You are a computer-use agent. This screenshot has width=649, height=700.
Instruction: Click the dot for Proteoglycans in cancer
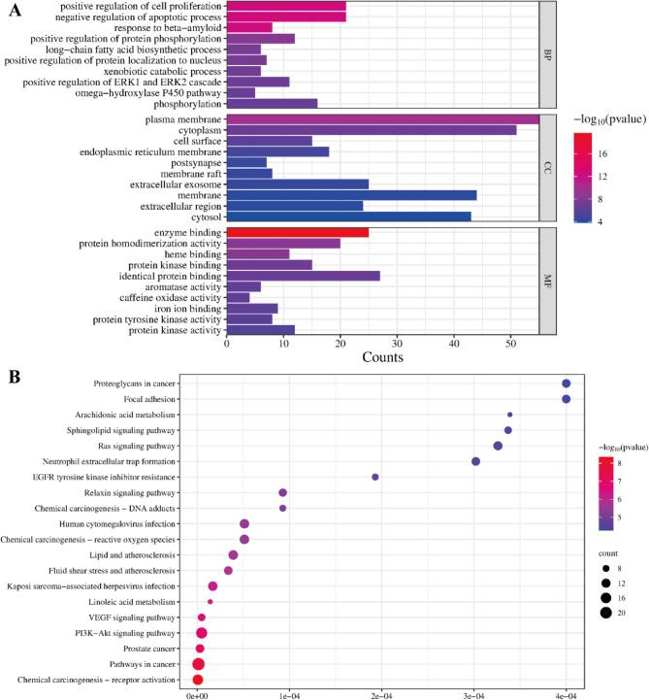[566, 383]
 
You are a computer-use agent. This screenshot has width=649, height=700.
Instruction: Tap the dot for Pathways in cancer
[198, 664]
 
